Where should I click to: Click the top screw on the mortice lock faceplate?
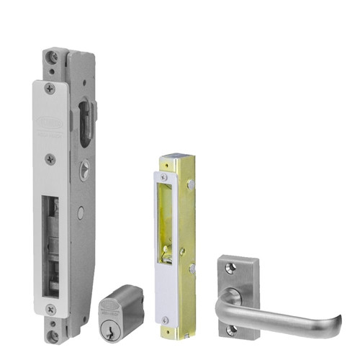tap(49, 89)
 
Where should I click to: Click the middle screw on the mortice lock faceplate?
tap(49, 159)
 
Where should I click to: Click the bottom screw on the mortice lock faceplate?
tap(50, 308)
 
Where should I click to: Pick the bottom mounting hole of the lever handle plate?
tap(231, 329)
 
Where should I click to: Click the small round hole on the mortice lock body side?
tap(81, 212)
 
